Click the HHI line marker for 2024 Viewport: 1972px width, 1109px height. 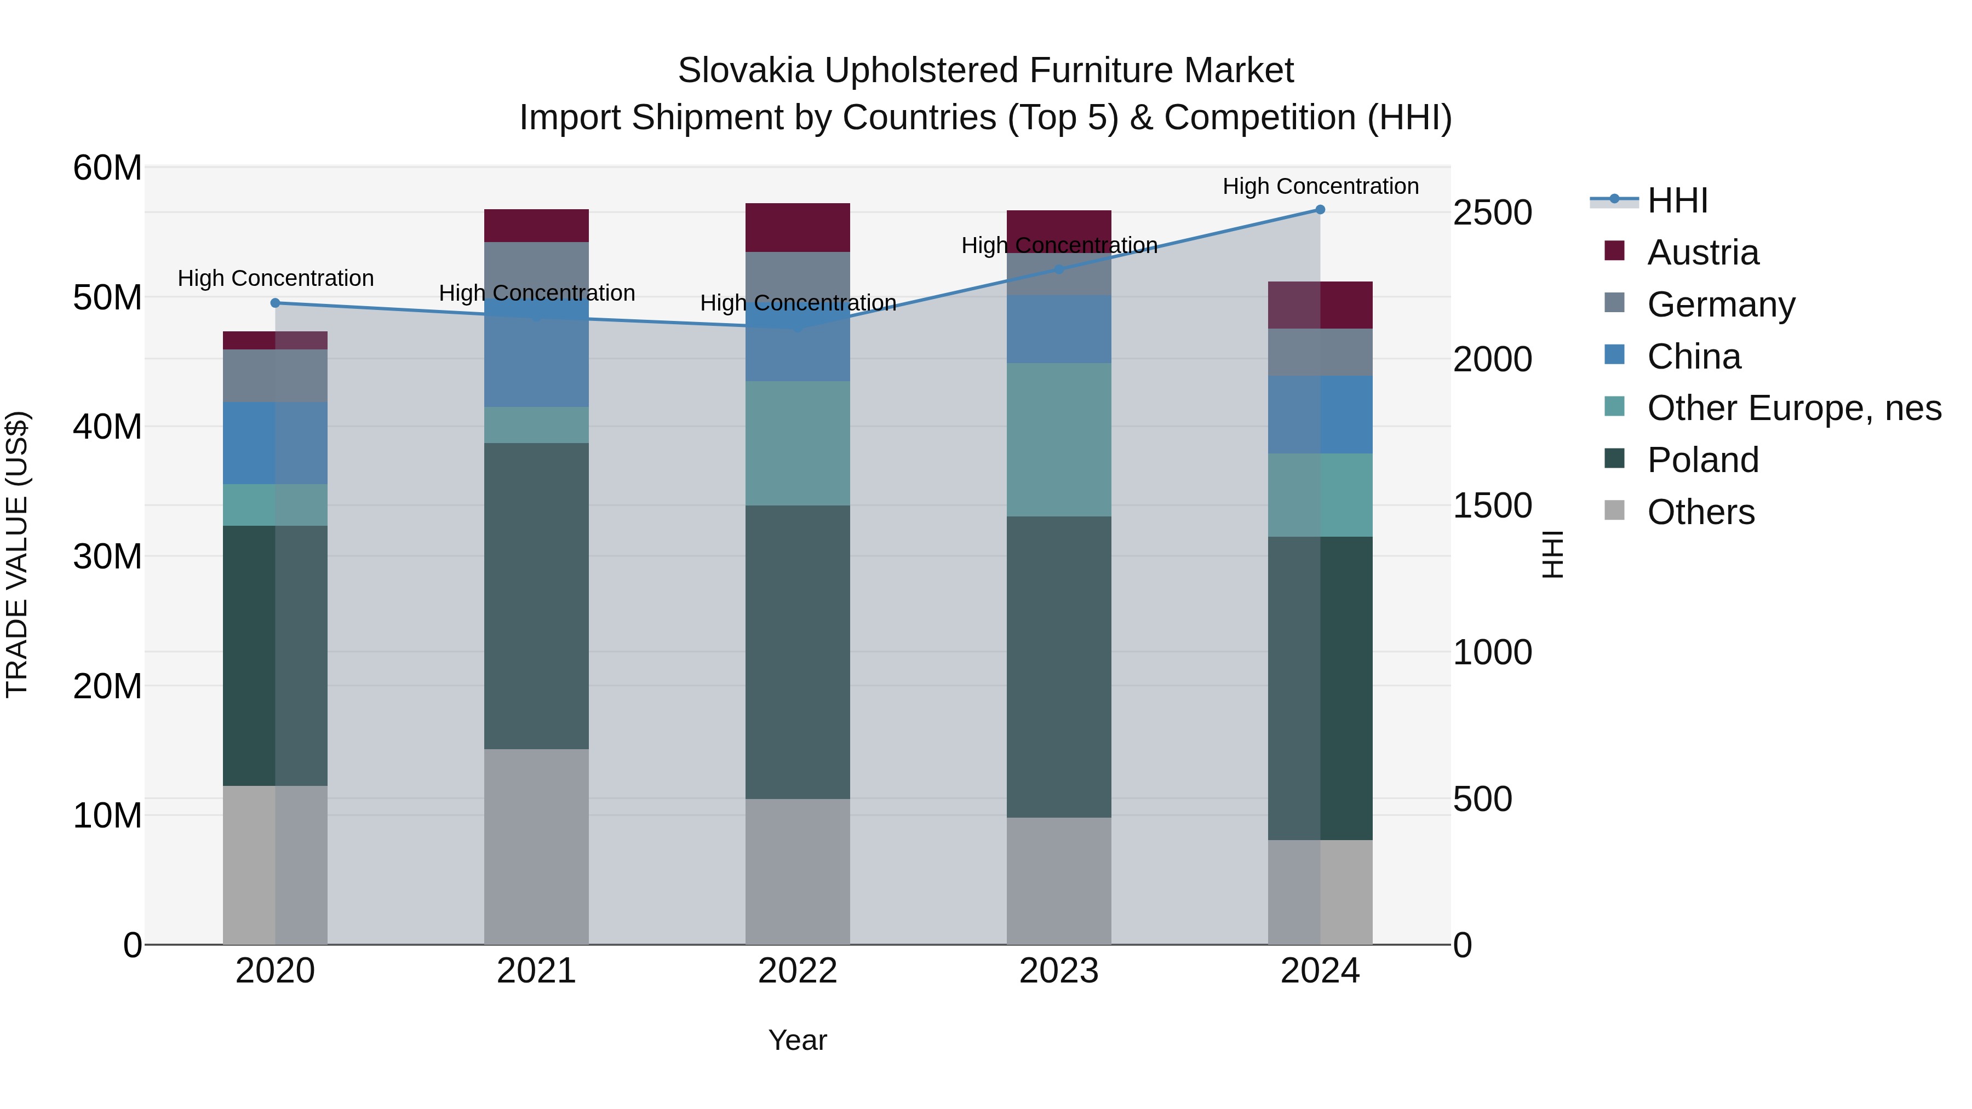(x=1320, y=210)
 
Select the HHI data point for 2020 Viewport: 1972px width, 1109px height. (x=276, y=303)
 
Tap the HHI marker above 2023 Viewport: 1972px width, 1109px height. (x=1059, y=269)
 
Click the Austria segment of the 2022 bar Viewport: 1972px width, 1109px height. (x=798, y=227)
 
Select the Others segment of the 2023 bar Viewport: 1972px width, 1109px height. (x=1059, y=880)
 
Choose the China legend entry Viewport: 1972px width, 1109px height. (x=1693, y=357)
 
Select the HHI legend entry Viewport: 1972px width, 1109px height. (x=1677, y=200)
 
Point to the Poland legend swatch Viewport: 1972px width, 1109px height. (x=1614, y=459)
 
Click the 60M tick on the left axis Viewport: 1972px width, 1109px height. (x=107, y=168)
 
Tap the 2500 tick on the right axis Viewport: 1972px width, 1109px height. (x=1492, y=213)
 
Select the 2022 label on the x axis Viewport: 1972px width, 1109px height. (x=798, y=971)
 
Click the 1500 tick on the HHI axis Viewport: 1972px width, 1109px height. (x=1492, y=506)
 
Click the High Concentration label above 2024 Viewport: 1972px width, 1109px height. (x=1320, y=186)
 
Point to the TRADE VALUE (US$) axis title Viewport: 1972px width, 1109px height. (x=17, y=554)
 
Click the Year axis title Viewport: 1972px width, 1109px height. (x=798, y=1040)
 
